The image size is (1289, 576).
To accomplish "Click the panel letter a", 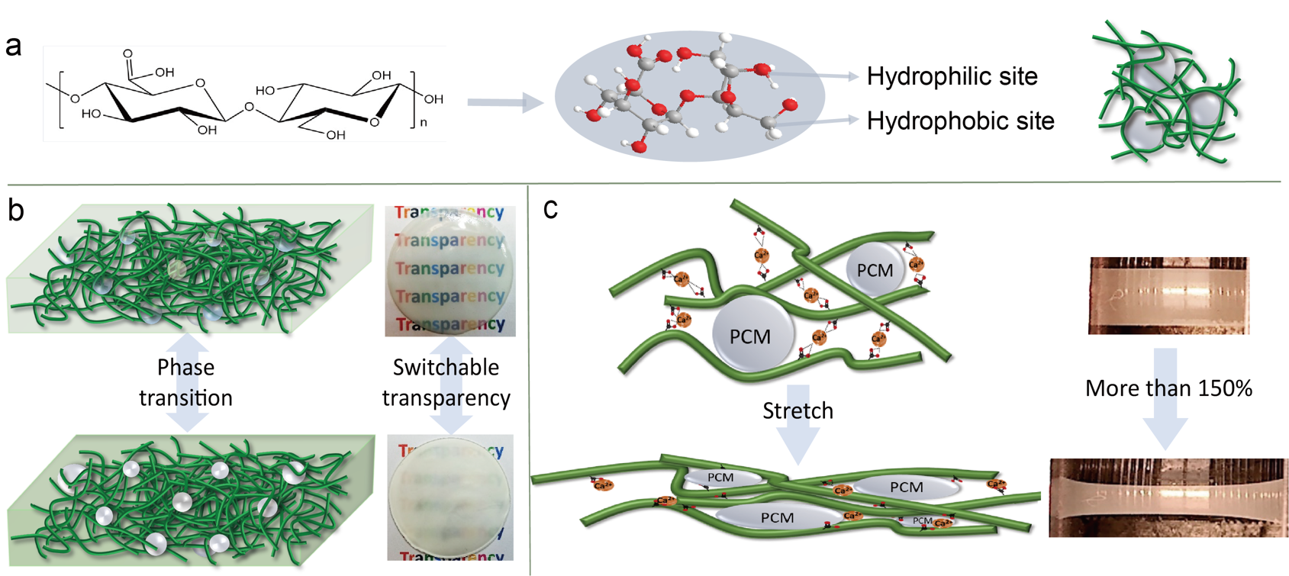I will pos(13,47).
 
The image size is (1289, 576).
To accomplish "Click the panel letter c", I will pos(550,208).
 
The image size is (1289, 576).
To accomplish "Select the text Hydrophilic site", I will pos(952,76).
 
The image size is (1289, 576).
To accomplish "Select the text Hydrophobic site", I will pos(960,121).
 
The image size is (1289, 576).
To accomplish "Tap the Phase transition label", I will pos(185,382).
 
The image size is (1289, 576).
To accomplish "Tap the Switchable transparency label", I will pos(446,382).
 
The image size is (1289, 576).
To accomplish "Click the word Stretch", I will pos(798,410).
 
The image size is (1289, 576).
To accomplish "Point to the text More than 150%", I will pos(1168,388).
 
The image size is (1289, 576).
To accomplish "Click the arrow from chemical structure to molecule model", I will pos(504,102).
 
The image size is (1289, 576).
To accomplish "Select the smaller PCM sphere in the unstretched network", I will pos(875,270).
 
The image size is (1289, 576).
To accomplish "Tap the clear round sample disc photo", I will pos(450,271).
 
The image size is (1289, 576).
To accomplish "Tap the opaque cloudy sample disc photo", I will pos(450,497).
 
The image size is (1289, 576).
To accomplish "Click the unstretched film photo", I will pos(1168,295).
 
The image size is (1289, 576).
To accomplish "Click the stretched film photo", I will pos(1168,497).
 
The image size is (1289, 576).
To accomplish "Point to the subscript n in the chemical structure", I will pos(424,122).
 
